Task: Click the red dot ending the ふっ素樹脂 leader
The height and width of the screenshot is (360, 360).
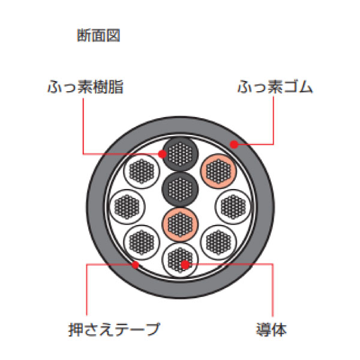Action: coord(163,154)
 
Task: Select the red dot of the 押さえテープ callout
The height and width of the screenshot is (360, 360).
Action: coord(135,263)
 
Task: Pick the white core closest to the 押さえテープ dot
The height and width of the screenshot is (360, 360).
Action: coord(142,242)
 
